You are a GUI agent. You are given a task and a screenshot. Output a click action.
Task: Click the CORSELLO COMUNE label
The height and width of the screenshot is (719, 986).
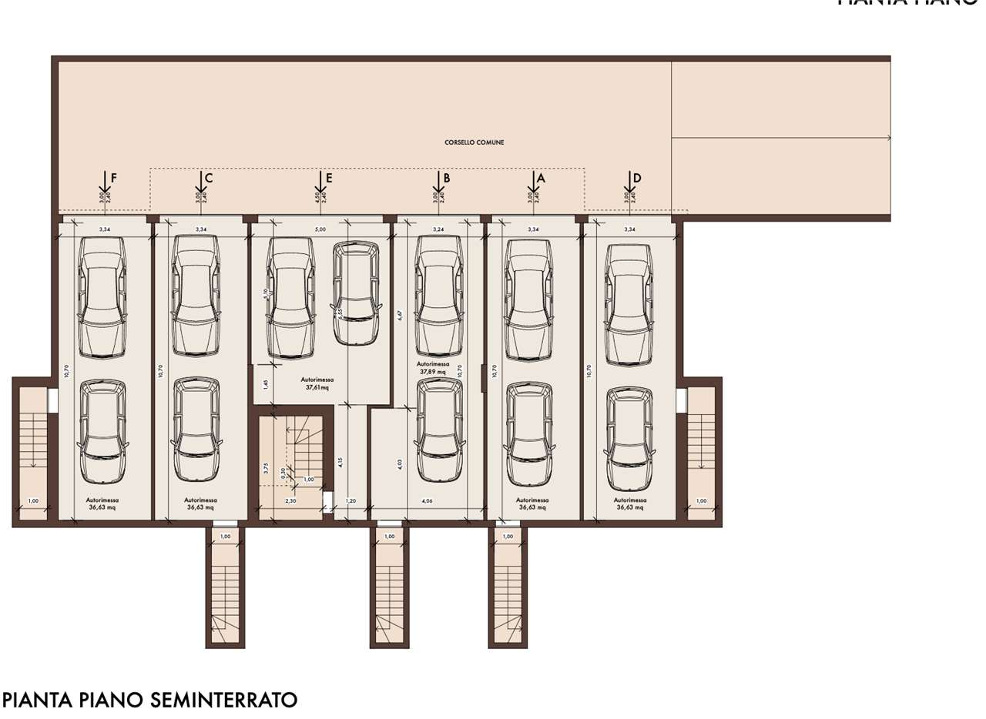[x=474, y=142]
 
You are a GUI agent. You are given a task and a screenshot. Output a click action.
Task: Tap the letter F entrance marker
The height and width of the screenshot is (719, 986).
[x=113, y=178]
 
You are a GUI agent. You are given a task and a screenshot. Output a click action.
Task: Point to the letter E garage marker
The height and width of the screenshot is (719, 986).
[x=329, y=178]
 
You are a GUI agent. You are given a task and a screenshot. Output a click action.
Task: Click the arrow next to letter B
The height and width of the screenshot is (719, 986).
[x=436, y=182]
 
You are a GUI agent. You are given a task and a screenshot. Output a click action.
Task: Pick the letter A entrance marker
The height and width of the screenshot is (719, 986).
[x=541, y=177]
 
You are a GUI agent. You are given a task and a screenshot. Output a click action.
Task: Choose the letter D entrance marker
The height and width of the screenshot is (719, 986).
[x=637, y=178]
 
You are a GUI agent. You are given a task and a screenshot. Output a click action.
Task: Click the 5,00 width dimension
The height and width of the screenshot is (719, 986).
[x=320, y=229]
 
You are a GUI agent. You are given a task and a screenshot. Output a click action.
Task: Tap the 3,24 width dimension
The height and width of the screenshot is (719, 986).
[x=439, y=229]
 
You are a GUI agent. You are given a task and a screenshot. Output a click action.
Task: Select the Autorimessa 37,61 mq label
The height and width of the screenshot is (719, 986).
[x=317, y=384]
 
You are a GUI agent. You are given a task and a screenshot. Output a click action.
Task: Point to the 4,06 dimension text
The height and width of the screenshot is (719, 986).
[x=427, y=501]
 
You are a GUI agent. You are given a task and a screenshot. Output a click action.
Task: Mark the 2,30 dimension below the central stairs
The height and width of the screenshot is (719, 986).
[x=290, y=501]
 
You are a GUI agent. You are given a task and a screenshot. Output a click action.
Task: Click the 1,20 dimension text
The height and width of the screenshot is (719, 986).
[x=351, y=501]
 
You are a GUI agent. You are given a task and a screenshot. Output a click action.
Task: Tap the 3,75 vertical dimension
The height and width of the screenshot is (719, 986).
[x=266, y=467]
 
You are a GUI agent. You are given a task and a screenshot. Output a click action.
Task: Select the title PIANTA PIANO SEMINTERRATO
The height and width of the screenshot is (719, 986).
[x=150, y=700]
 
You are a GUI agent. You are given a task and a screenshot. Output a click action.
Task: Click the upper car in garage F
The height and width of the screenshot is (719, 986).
[x=102, y=297]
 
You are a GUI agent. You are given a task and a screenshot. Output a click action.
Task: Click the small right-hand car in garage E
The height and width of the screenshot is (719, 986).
[x=356, y=293]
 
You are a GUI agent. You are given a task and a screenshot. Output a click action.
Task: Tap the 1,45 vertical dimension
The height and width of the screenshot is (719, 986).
[x=266, y=383]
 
